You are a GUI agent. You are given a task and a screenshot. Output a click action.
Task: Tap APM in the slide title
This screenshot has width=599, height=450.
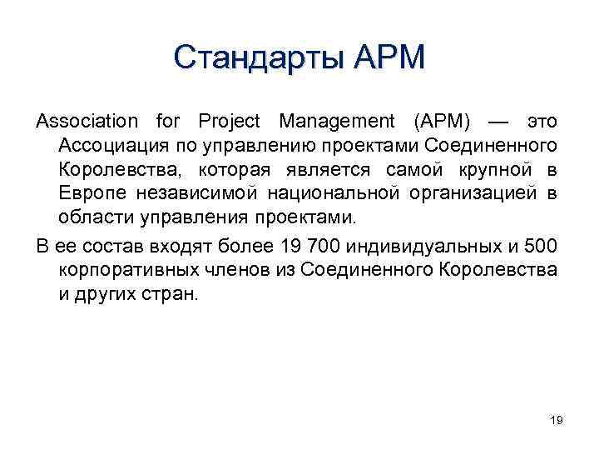click(x=389, y=57)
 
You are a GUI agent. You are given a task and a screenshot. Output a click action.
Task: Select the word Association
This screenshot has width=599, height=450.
click(x=87, y=122)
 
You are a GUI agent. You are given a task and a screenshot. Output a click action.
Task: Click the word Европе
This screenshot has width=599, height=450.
click(x=88, y=194)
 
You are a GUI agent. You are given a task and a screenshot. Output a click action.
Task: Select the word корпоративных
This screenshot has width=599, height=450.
click(x=122, y=271)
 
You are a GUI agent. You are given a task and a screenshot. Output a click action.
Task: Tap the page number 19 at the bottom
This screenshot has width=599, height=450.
click(x=557, y=421)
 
